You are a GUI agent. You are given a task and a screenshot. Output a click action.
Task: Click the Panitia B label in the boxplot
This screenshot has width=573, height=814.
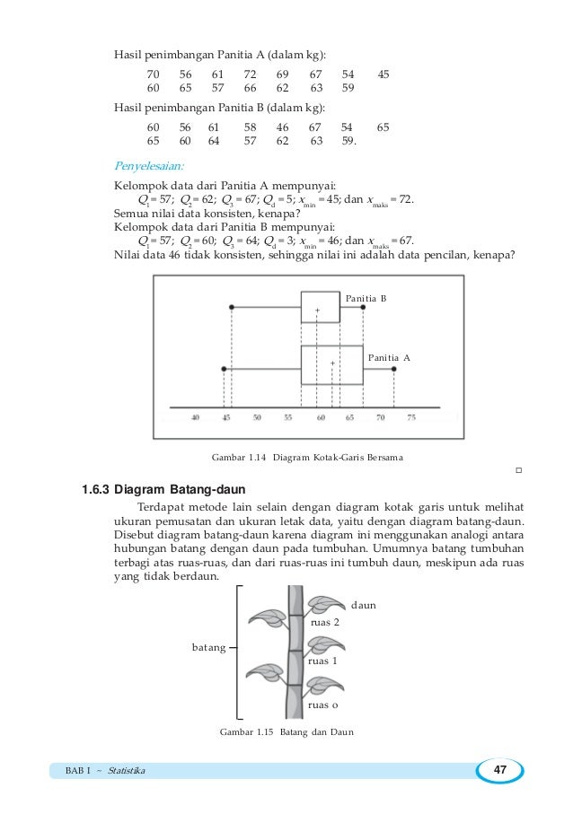point(366,297)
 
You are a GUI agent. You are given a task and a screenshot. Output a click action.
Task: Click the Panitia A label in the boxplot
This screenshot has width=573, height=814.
point(389,357)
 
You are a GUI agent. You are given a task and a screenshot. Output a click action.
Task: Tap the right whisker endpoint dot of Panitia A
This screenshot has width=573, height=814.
point(395,368)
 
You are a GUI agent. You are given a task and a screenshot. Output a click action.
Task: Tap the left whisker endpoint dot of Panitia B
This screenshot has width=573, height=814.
point(232,307)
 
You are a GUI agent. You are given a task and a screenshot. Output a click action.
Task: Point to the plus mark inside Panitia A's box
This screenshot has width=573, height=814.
point(332,363)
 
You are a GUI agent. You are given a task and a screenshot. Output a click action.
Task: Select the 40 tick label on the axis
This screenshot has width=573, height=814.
point(195,417)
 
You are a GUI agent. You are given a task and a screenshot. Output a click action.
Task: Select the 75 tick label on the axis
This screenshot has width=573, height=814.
point(410,417)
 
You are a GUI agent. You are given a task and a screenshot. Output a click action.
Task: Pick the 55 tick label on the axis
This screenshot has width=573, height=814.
point(287,417)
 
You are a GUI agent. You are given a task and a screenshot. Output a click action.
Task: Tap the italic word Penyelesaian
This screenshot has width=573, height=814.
point(148,166)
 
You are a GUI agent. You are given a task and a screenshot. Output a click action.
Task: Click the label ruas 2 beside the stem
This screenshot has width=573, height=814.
point(324,621)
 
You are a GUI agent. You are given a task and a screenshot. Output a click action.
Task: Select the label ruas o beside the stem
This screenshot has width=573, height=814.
point(322,705)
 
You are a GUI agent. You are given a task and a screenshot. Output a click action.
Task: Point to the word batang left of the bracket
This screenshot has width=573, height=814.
point(208,646)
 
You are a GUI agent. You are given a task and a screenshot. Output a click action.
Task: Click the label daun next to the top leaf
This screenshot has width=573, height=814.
point(363,605)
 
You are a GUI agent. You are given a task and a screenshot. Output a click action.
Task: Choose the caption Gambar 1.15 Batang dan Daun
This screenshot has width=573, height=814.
point(286,732)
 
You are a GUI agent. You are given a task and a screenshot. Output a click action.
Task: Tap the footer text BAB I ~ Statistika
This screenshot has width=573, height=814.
point(105,772)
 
